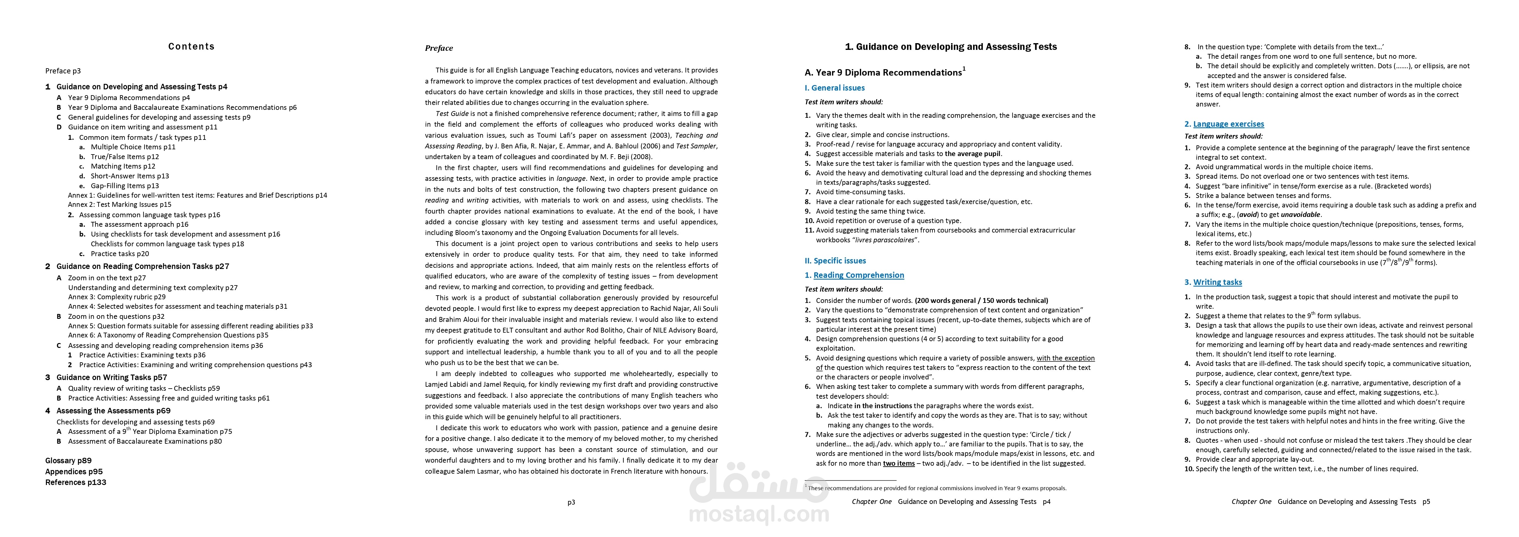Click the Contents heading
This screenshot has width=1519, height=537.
tap(191, 47)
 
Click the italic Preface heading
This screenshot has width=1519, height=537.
tap(439, 48)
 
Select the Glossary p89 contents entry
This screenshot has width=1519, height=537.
tap(69, 461)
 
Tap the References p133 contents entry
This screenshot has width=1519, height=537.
tap(76, 482)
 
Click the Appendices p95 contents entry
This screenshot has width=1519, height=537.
tap(74, 472)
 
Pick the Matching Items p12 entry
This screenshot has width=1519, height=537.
tap(123, 166)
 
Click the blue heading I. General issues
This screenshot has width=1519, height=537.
tap(834, 88)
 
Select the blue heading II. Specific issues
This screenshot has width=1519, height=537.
tap(835, 260)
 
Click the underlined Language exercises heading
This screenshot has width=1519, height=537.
tap(1228, 124)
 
